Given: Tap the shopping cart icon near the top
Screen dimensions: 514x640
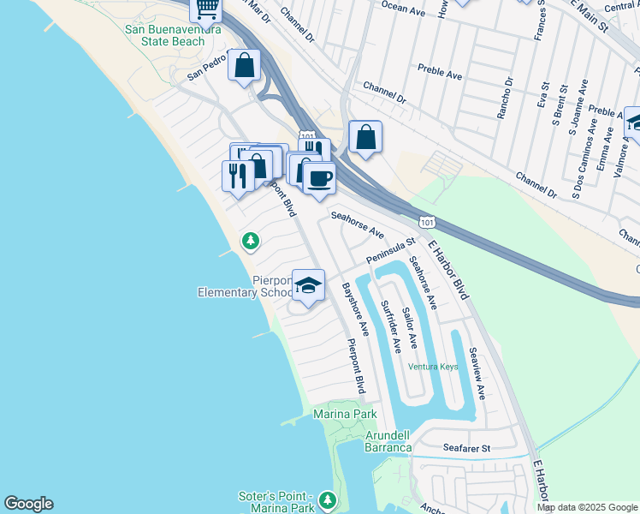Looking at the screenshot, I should pyautogui.click(x=206, y=9).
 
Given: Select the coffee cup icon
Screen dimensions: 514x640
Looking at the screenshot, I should pyautogui.click(x=319, y=178).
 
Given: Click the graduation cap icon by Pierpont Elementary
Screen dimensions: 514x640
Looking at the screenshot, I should pyautogui.click(x=308, y=285).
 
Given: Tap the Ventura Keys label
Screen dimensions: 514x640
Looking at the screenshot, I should pyautogui.click(x=433, y=367).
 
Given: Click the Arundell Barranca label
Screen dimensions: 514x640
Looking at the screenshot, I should pyautogui.click(x=388, y=441).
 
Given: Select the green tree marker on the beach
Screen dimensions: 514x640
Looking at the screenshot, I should pyautogui.click(x=250, y=242).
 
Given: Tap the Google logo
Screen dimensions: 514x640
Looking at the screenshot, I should pyautogui.click(x=28, y=504).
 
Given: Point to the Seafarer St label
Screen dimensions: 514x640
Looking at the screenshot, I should pyautogui.click(x=466, y=448).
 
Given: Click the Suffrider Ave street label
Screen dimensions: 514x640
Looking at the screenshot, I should pyautogui.click(x=390, y=326).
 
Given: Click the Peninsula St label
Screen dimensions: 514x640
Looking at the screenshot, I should pyautogui.click(x=389, y=251).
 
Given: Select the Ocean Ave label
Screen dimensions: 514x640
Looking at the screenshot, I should pyautogui.click(x=403, y=10).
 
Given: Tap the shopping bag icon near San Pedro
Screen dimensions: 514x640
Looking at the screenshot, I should pyautogui.click(x=244, y=65).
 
